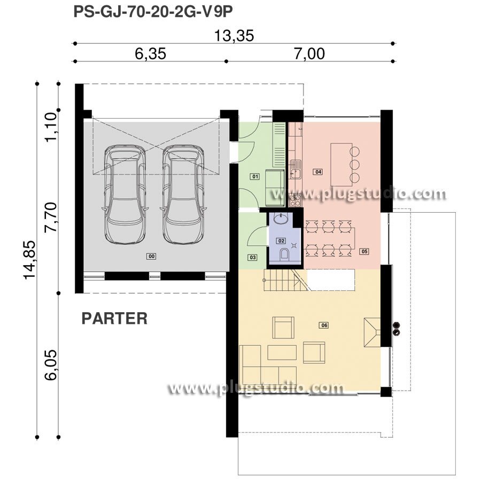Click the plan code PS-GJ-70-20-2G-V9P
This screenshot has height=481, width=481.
click(153, 12)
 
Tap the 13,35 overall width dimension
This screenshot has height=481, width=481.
click(234, 36)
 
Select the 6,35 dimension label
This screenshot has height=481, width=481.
click(150, 53)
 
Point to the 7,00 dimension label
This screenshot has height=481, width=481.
click(309, 53)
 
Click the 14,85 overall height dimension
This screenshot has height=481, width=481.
click(30, 260)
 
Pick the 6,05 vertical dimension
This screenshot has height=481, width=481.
click(51, 364)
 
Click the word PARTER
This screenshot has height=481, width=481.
click(114, 319)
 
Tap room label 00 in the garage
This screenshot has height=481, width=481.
click(151, 256)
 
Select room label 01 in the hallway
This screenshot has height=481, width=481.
click(255, 176)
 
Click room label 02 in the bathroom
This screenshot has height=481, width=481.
click(281, 241)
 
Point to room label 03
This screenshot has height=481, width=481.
click(252, 258)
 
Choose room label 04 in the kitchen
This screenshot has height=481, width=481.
click(318, 172)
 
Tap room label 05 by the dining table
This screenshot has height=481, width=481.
click(364, 252)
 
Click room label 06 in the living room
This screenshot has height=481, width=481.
click(324, 325)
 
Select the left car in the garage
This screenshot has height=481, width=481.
click(125, 194)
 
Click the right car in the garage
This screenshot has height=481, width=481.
click(183, 194)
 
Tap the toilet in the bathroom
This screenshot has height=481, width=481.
click(284, 254)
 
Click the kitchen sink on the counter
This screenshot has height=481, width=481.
click(296, 169)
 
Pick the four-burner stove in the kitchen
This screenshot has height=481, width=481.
click(295, 200)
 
